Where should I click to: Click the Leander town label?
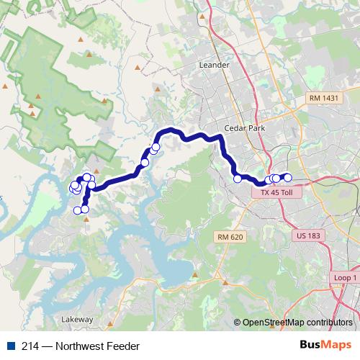pos(213,65)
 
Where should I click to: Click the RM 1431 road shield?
pos(323,97)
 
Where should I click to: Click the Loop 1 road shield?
pos(346,278)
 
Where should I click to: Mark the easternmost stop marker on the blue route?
pos(287,177)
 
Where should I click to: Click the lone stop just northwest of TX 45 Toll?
pos(238,179)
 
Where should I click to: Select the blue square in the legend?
pos(8,346)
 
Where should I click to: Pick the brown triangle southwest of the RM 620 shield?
pos(224,282)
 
